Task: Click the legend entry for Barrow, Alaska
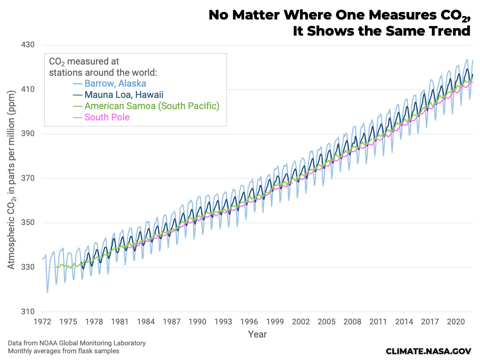click(115, 84)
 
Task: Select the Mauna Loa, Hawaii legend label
click(124, 95)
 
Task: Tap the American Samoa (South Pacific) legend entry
click(152, 106)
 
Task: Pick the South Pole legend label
click(107, 117)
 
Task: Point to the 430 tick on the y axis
click(27, 45)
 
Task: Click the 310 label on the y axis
click(27, 312)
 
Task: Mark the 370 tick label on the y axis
click(27, 178)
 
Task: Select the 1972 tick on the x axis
click(42, 321)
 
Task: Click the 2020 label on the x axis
click(456, 321)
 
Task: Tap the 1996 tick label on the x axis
click(249, 321)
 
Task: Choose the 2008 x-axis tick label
click(352, 321)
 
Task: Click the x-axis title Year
click(257, 334)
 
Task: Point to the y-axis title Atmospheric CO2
click(11, 180)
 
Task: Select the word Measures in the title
click(399, 15)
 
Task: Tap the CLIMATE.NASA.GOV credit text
click(428, 351)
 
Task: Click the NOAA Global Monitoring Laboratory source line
click(76, 343)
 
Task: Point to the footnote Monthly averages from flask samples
click(63, 351)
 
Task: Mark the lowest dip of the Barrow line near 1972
click(47, 292)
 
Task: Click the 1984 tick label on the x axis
click(145, 321)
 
